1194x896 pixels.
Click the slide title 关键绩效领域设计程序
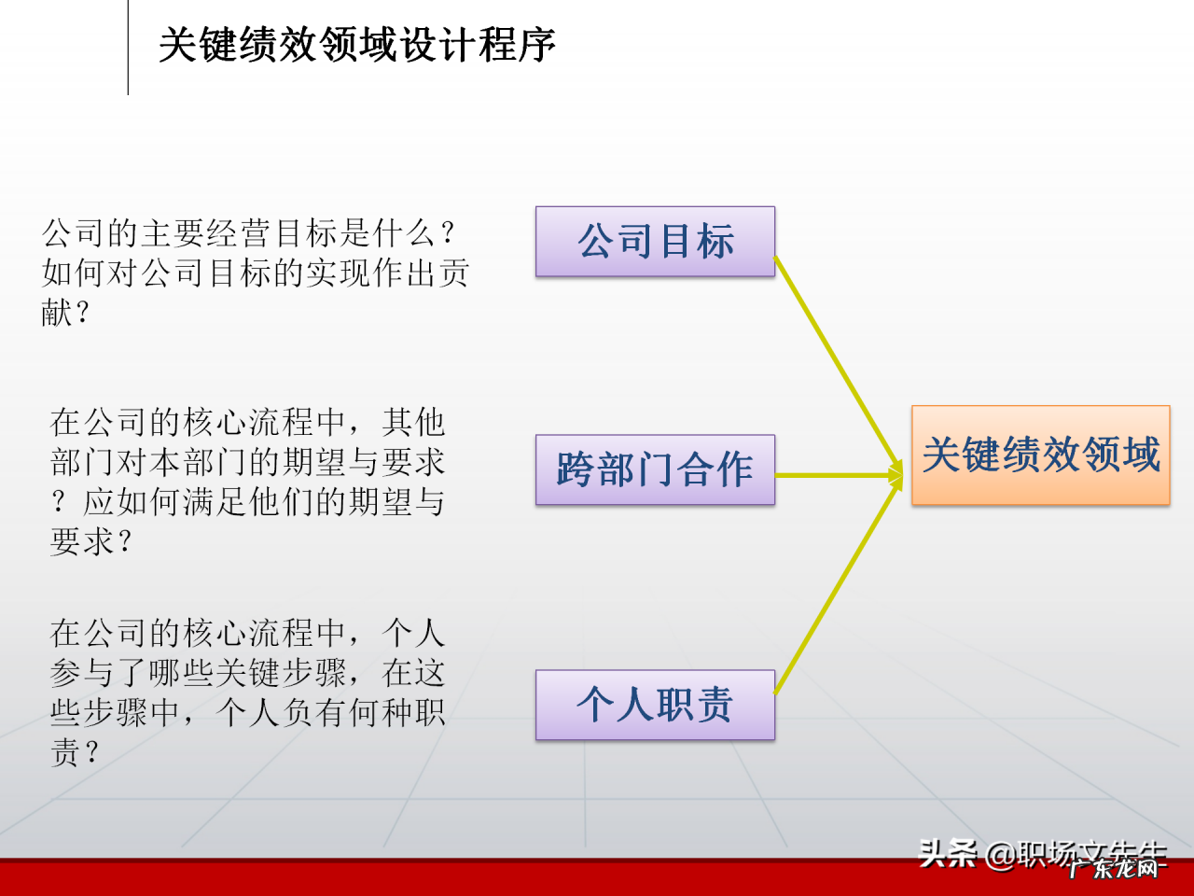[x=357, y=44]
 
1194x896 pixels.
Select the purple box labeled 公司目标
[x=655, y=242]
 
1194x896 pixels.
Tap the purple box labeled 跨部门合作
[x=655, y=469]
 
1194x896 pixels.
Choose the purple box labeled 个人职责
[x=655, y=705]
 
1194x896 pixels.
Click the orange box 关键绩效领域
[x=1040, y=455]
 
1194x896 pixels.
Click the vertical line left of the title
[x=128, y=47]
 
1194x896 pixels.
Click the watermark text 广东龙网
[x=1116, y=869]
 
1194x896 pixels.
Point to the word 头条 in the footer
[x=947, y=853]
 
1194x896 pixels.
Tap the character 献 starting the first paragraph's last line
[x=57, y=312]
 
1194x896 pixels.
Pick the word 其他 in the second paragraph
[x=413, y=422]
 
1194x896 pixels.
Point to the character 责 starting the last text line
[x=65, y=752]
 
